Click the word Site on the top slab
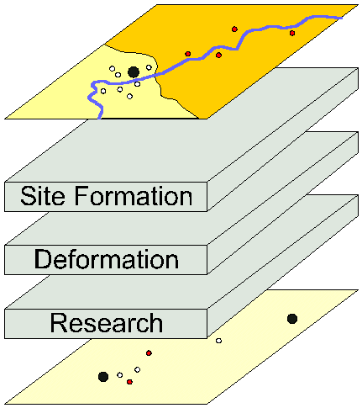43,195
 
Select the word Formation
134,195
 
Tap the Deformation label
107,259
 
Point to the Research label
107,323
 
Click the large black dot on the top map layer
134,72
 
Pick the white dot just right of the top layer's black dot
149,67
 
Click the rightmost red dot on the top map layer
292,33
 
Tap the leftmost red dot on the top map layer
188,54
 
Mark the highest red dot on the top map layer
234,29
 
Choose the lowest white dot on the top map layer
129,97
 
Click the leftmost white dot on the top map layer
103,91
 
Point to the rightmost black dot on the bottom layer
292,319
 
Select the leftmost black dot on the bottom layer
103,377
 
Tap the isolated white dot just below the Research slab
218,341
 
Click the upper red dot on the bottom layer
149,352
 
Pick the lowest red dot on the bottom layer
129,382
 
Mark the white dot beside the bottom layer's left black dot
120,375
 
